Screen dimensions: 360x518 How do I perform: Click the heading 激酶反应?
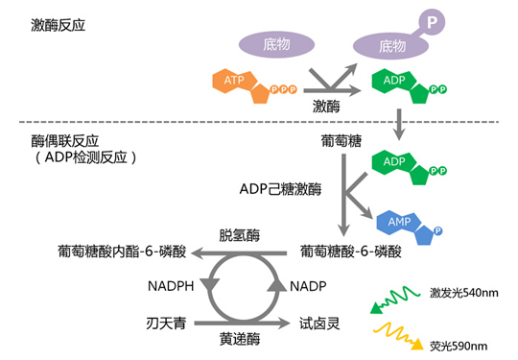[x=58, y=24]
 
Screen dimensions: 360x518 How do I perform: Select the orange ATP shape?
[x=243, y=84]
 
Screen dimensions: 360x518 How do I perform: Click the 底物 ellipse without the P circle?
[x=275, y=43]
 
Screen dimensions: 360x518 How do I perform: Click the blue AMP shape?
[x=404, y=224]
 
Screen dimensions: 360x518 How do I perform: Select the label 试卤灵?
[x=319, y=323]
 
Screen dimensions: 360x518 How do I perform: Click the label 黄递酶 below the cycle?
[x=239, y=339]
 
